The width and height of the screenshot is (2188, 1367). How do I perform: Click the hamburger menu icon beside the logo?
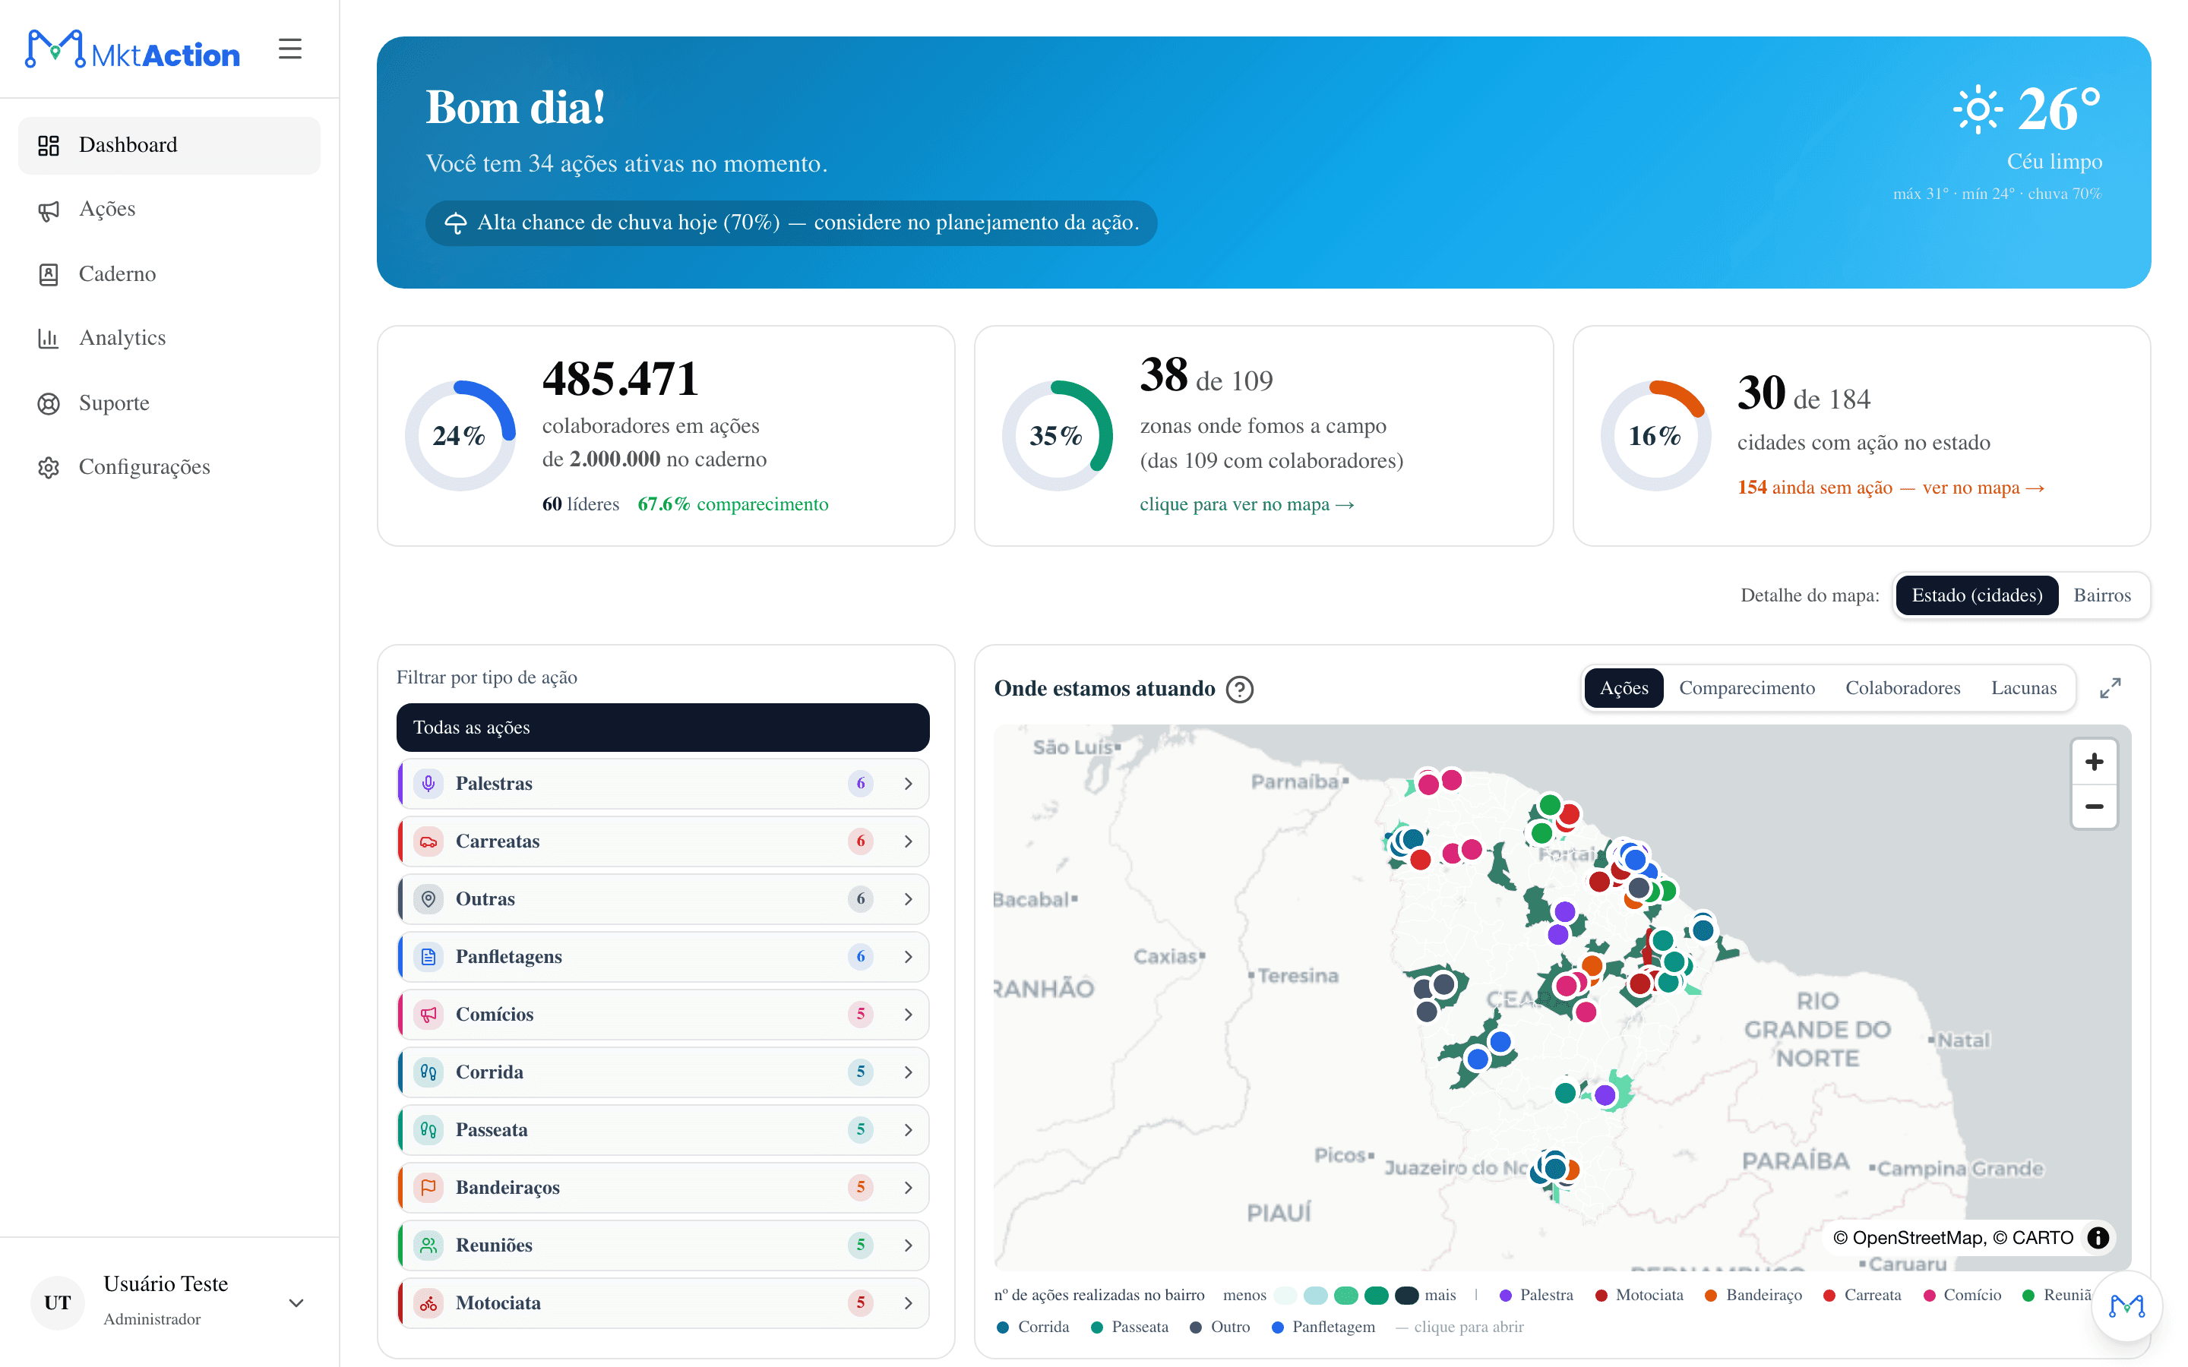pyautogui.click(x=290, y=49)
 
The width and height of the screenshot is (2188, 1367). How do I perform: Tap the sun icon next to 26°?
pyautogui.click(x=1978, y=109)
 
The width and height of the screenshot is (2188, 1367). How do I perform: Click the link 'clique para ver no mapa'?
pyautogui.click(x=1247, y=504)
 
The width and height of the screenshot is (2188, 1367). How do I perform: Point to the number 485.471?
pyautogui.click(x=620, y=378)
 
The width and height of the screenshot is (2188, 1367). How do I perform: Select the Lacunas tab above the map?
pyautogui.click(x=2023, y=688)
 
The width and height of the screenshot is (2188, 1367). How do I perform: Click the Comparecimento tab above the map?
pyautogui.click(x=1747, y=688)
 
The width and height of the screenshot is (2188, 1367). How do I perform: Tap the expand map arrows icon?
pyautogui.click(x=2111, y=688)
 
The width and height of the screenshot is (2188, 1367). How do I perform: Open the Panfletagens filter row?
pyautogui.click(x=662, y=957)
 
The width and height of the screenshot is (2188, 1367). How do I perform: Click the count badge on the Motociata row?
pyautogui.click(x=860, y=1302)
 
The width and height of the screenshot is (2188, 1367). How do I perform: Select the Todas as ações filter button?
pyautogui.click(x=662, y=728)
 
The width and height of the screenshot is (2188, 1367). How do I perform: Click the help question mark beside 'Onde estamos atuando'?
pyautogui.click(x=1240, y=690)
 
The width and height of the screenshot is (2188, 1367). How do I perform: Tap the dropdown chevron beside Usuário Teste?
pyautogui.click(x=296, y=1302)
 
